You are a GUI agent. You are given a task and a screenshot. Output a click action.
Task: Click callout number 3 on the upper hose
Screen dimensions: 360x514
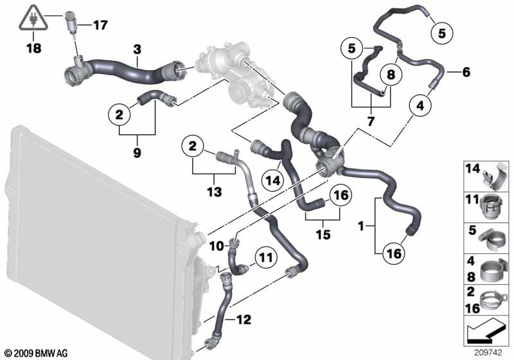coord(136,49)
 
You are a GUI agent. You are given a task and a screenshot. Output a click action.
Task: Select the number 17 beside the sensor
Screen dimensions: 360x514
coord(101,26)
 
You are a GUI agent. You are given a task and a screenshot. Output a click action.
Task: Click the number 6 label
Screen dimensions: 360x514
coord(466,72)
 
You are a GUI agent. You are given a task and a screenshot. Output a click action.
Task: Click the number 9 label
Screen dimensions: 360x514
coord(137,152)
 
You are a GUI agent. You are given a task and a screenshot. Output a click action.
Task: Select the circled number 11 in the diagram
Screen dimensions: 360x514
coord(265,258)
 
